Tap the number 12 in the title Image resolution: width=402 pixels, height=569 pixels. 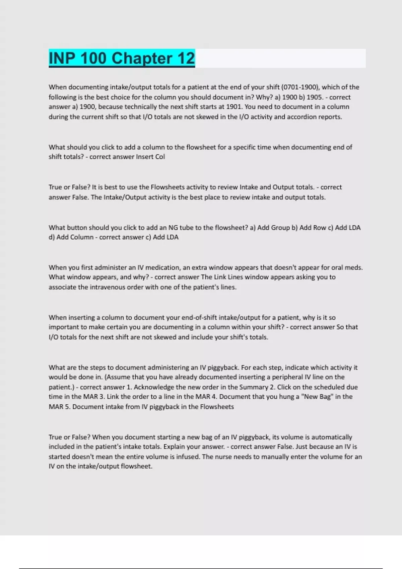pos(186,58)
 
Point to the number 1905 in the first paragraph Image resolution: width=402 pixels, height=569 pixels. pos(314,97)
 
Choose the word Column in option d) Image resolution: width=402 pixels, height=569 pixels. pos(82,237)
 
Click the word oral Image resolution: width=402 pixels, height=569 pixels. pos(338,267)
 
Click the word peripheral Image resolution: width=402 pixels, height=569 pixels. pos(287,377)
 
